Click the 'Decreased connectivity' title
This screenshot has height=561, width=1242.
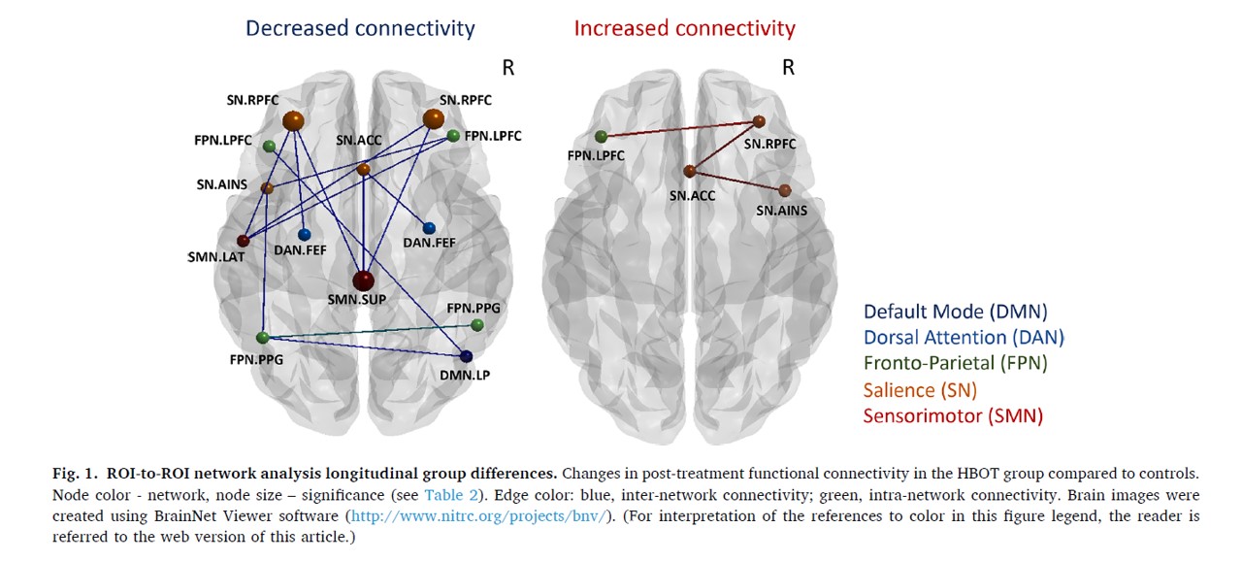click(360, 28)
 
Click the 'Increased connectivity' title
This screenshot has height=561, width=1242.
click(684, 28)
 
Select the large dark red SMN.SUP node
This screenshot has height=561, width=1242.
click(363, 280)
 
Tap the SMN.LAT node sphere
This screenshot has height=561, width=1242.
click(244, 241)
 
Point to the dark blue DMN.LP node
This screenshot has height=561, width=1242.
click(466, 356)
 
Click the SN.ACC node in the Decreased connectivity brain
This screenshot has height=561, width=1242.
click(363, 170)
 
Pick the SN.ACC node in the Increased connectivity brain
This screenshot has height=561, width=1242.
click(689, 171)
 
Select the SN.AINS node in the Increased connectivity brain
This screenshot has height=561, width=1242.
click(784, 190)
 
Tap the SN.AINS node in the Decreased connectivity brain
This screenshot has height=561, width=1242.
click(267, 187)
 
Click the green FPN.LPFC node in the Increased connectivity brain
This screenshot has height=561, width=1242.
click(602, 136)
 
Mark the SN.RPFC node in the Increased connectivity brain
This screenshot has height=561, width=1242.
click(759, 121)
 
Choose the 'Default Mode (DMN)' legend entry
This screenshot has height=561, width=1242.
click(955, 312)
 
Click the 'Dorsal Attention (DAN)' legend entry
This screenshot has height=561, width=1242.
click(964, 338)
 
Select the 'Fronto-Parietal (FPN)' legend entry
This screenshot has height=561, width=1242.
click(955, 364)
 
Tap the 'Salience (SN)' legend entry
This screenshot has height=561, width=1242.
click(920, 390)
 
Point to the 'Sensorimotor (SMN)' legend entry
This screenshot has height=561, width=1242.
click(953, 416)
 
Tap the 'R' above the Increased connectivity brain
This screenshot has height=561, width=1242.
click(788, 68)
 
